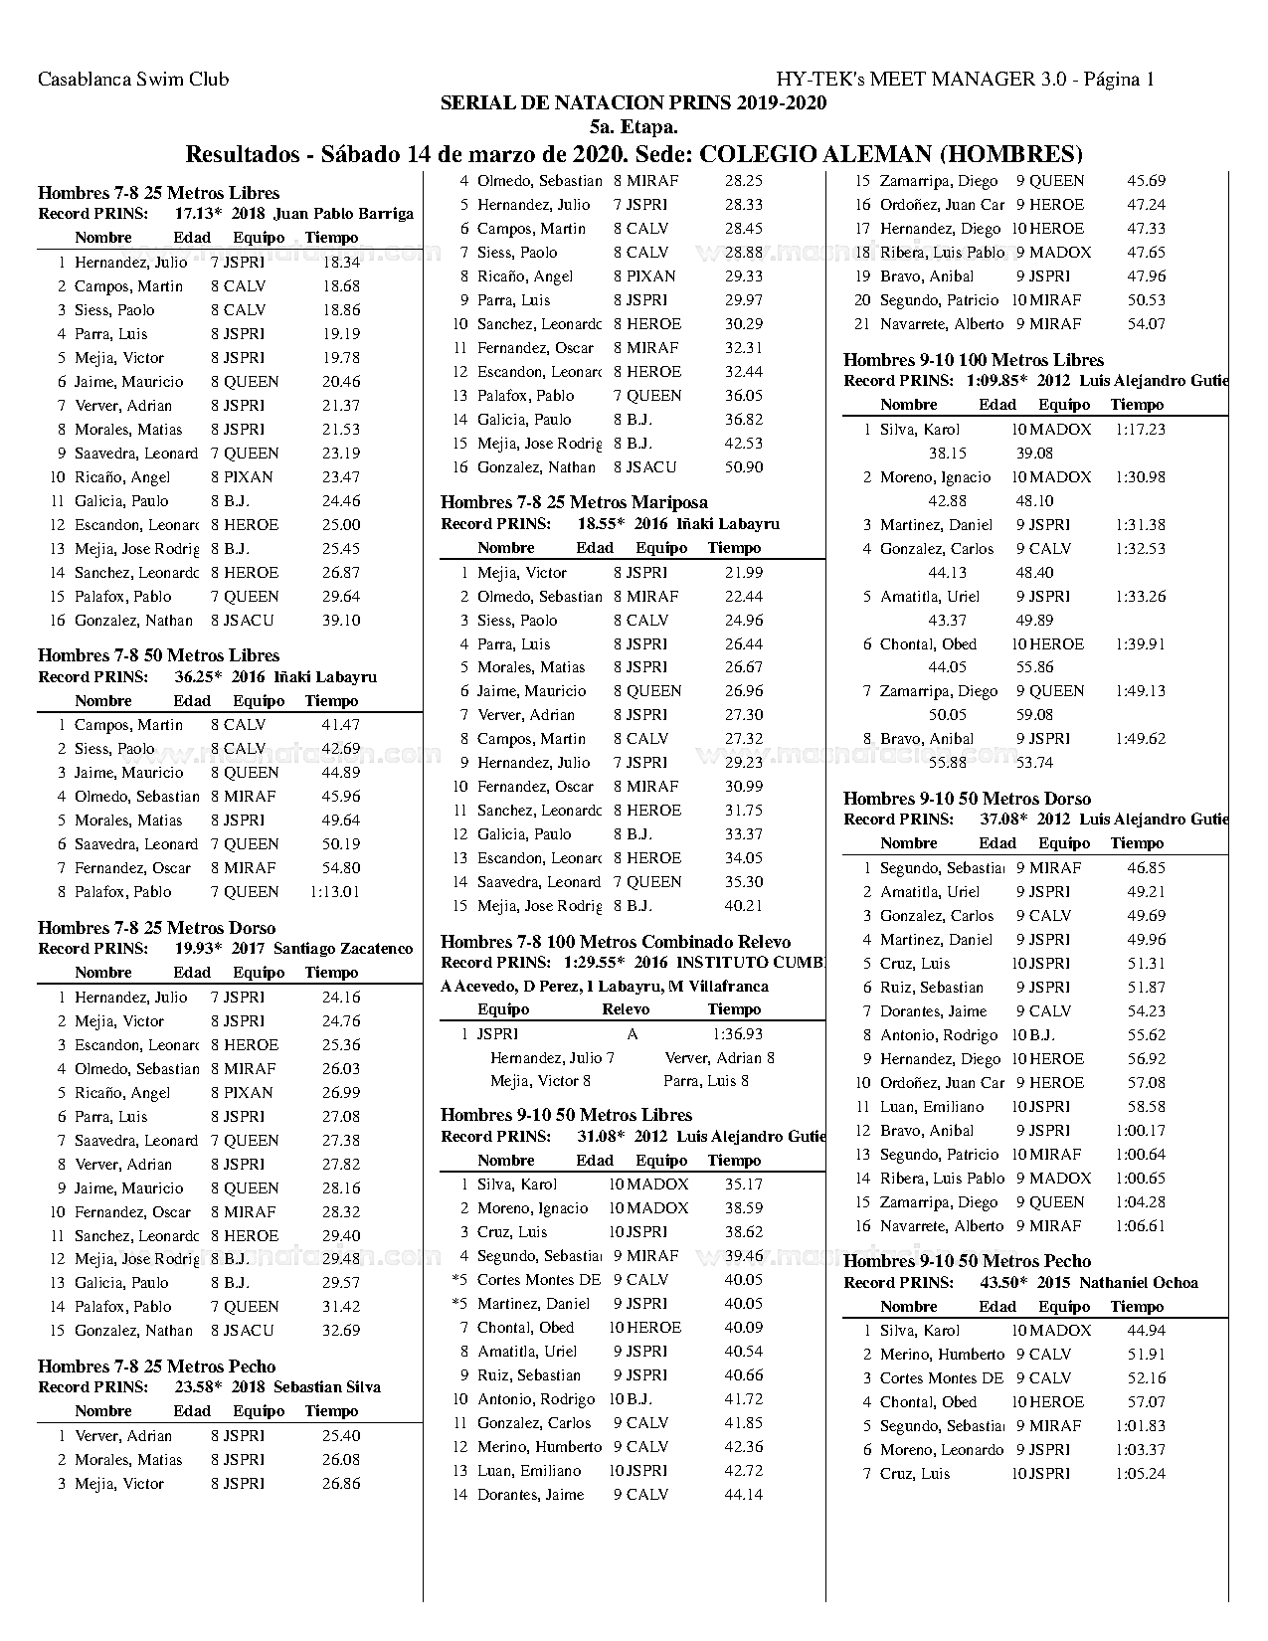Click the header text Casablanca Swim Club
pos(132,80)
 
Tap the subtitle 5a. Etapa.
pos(634,127)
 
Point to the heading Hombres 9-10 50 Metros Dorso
pos(967,799)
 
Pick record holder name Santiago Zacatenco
pos(343,949)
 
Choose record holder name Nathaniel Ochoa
pos(1139,1283)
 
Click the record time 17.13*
pos(198,214)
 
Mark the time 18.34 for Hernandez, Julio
pos(341,263)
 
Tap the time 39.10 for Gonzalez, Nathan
pos(341,621)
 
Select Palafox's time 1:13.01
pos(335,892)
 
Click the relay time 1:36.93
pos(737,1034)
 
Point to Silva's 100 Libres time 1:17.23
pos(1140,430)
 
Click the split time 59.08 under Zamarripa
pos(1034,715)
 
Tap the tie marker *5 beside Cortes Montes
pos(459,1280)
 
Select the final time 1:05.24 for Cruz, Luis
pos(1140,1474)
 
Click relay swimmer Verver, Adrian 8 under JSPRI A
pos(719,1058)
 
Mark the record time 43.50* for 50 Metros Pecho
pos(1003,1283)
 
